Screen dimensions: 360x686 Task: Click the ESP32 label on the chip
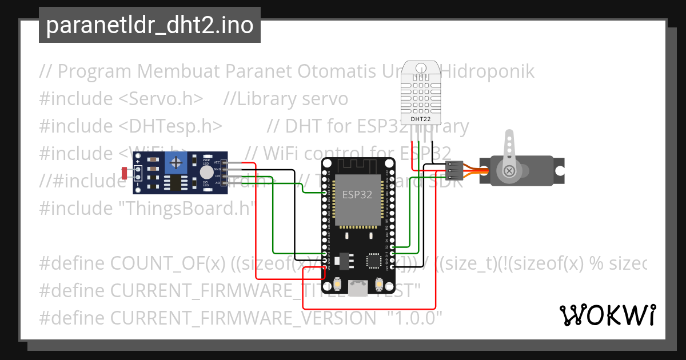tap(357, 194)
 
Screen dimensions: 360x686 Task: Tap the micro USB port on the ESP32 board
tap(359, 289)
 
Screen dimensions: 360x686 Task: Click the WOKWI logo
tap(608, 315)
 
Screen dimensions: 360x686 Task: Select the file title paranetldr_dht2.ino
tap(150, 25)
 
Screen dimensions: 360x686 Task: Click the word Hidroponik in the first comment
tap(489, 71)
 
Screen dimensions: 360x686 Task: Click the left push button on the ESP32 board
tap(338, 283)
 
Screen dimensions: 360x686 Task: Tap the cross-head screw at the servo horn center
tap(508, 170)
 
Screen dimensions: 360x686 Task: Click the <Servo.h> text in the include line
tap(161, 99)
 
